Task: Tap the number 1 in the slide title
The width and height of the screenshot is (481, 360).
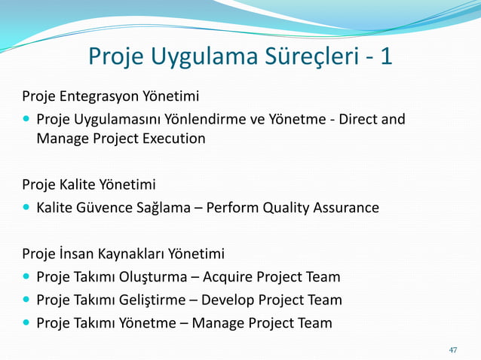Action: (386, 56)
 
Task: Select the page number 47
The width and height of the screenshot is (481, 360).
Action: (453, 349)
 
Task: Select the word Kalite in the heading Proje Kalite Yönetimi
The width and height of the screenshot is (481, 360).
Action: (80, 185)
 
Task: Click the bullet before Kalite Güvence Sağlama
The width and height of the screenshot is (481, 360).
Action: (27, 207)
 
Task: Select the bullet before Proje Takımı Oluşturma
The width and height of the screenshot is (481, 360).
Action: (27, 276)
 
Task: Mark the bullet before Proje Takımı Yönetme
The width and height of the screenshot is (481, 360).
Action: (27, 323)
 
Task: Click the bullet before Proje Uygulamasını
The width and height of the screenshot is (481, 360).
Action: (27, 119)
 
